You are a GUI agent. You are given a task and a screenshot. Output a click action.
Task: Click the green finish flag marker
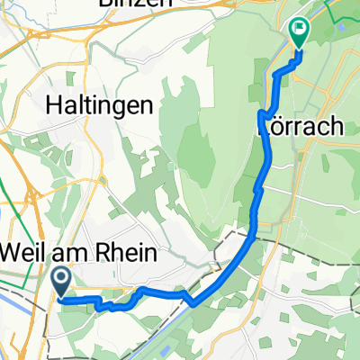298,32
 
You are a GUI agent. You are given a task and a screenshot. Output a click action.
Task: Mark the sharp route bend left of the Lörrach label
262,113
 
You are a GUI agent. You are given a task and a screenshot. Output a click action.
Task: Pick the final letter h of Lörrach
335,127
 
